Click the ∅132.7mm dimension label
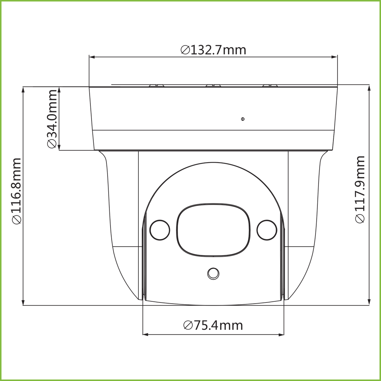(x=214, y=49)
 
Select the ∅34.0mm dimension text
(x=52, y=119)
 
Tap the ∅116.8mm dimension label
(x=17, y=191)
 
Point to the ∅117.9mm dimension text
(x=360, y=189)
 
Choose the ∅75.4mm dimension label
(x=213, y=325)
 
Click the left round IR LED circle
(x=160, y=230)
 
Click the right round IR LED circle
(x=267, y=230)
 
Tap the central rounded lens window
(x=213, y=230)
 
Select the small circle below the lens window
(x=213, y=273)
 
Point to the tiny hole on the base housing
(x=243, y=119)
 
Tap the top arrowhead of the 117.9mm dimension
(x=369, y=88)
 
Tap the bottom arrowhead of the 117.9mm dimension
(x=369, y=302)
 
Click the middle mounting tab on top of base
(x=213, y=85)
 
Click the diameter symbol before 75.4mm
(x=188, y=326)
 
